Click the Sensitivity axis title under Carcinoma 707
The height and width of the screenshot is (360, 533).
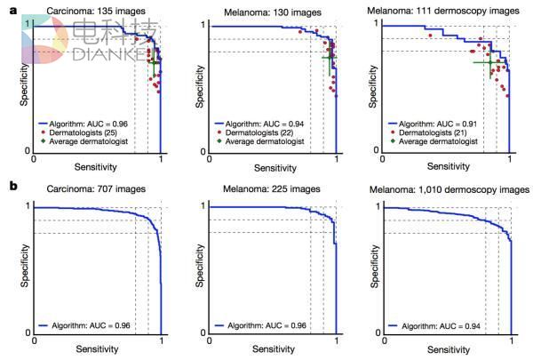[x=97, y=347]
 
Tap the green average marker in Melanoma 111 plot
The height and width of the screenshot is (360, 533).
[x=485, y=62]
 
